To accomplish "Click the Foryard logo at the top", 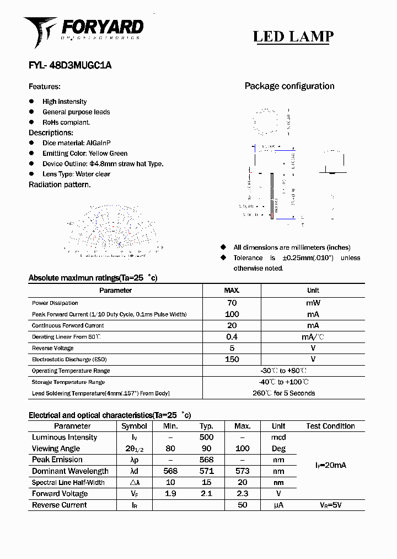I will pos(83,30).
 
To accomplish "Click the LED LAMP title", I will pos(293,36).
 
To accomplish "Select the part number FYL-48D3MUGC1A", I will pos(70,65).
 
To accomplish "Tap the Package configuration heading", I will pos(289,86).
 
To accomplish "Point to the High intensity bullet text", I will pos(65,102).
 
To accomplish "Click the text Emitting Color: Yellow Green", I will pos(85,154).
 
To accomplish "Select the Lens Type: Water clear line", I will pos(76,174).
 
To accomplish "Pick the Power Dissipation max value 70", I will pos(232,303).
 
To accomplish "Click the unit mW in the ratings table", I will pos(313,303).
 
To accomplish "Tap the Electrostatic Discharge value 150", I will pos(232,360).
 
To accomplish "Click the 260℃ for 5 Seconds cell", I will pos(283,393).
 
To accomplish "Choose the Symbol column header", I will pos(134,426).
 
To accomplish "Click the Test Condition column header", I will pos(330,426).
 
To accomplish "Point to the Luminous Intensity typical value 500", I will pos(206,437).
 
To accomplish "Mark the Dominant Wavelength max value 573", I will pos(242,471).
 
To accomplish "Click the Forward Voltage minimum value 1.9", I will pos(170,494).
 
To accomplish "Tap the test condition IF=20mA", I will pos(330,466).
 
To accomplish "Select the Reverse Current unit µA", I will pos(278,505).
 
